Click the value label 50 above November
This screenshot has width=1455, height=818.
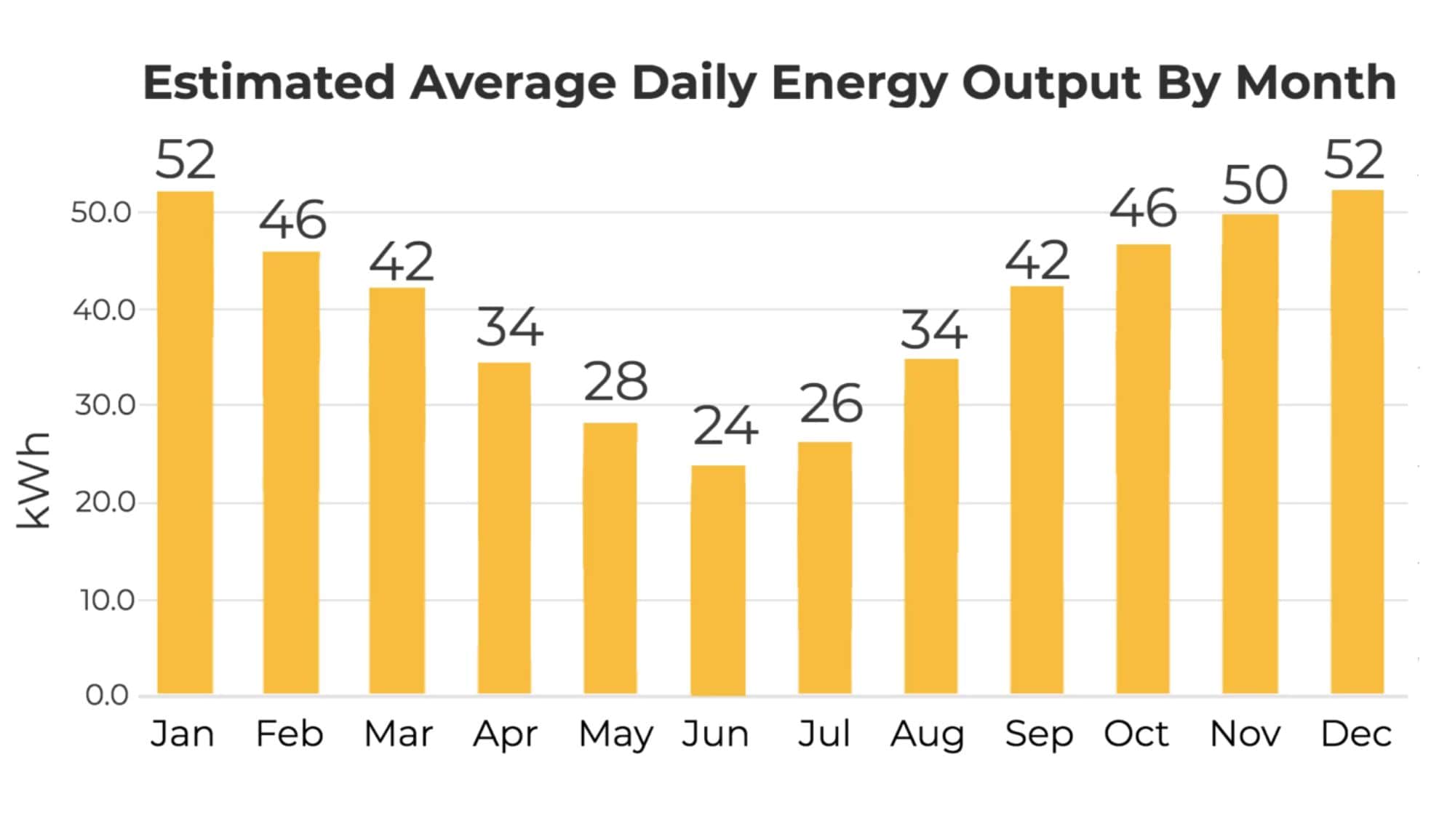point(1254,186)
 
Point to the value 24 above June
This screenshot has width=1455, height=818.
point(725,427)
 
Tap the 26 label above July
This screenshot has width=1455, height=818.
point(831,404)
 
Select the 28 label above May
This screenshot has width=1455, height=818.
point(615,382)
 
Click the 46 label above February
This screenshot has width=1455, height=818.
point(292,220)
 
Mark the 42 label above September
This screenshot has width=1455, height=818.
point(1037,261)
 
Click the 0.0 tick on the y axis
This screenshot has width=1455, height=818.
point(107,695)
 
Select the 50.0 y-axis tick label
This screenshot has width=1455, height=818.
point(101,213)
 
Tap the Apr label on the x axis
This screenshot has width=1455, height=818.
point(506,734)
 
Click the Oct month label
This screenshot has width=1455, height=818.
point(1136,734)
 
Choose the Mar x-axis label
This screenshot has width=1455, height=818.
point(398,734)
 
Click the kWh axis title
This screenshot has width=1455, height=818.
point(34,480)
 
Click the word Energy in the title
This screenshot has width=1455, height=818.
point(858,84)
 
